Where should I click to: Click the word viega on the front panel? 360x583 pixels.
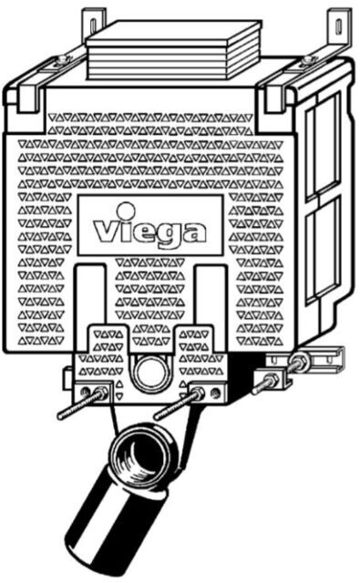coord(149,232)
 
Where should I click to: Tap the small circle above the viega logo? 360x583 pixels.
coord(126,210)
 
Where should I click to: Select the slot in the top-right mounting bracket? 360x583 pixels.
coord(338,26)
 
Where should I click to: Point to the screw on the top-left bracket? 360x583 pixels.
coord(64,58)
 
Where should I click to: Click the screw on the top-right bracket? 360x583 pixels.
coord(307,59)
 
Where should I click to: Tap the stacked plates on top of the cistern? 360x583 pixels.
coord(174,51)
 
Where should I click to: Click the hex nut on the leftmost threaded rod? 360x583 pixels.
coord(101,393)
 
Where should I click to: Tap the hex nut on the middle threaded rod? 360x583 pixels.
coord(198,393)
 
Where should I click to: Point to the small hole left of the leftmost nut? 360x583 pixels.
coord(86,392)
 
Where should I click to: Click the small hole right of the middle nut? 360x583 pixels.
coord(214,392)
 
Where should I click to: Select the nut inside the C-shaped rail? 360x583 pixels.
coord(299,362)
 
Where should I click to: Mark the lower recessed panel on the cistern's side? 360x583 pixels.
coord(322,253)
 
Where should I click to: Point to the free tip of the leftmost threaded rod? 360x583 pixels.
coord(59,417)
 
